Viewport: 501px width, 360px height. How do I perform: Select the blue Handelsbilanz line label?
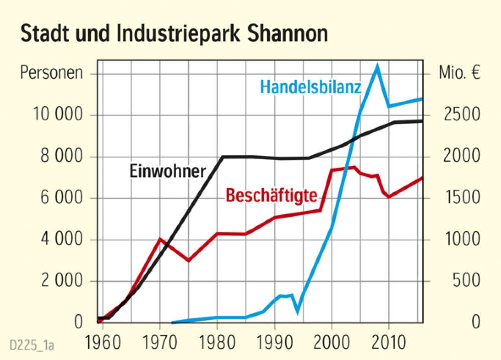310,87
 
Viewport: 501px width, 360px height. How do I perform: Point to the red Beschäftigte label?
271,195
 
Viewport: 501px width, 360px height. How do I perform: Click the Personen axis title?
51,73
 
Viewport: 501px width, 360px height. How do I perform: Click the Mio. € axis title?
459,73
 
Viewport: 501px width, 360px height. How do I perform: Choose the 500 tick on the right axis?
467,281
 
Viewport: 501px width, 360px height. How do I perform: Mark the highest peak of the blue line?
377,64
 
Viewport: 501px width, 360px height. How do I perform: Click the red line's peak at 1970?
160,239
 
